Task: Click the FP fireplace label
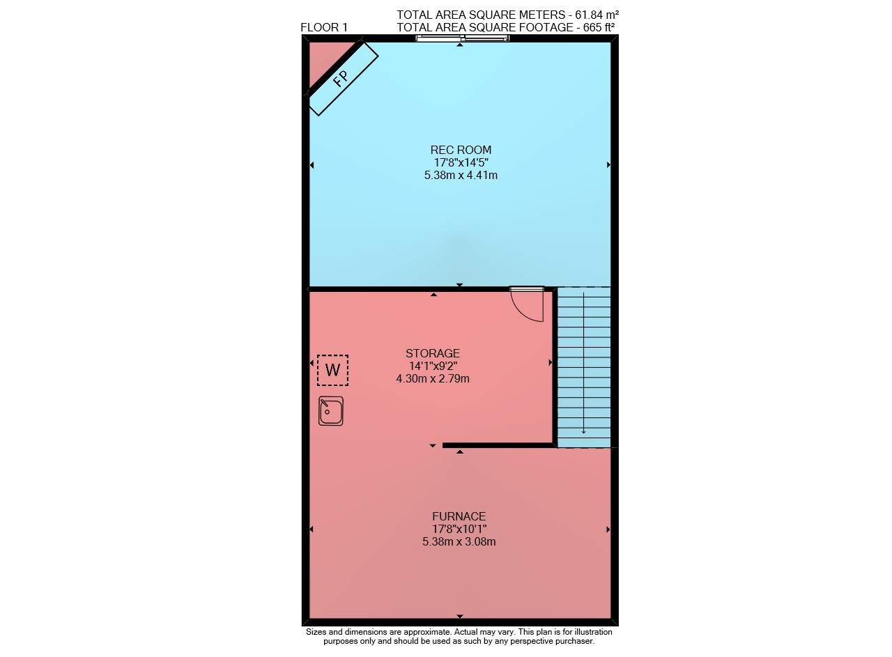point(341,79)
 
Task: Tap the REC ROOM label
point(461,150)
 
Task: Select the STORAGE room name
point(433,354)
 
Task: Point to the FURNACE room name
point(459,517)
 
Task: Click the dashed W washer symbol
point(333,371)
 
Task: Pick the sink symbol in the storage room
point(331,411)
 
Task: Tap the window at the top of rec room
point(462,38)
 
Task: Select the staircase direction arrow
point(584,363)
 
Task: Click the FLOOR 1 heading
point(324,27)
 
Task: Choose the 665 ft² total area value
point(599,27)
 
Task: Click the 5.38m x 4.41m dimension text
point(461,175)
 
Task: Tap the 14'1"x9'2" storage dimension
point(433,366)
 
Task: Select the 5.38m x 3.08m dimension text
point(459,542)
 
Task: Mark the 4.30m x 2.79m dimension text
point(433,379)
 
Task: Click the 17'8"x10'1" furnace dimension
point(459,530)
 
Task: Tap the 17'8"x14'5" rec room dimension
point(461,162)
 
